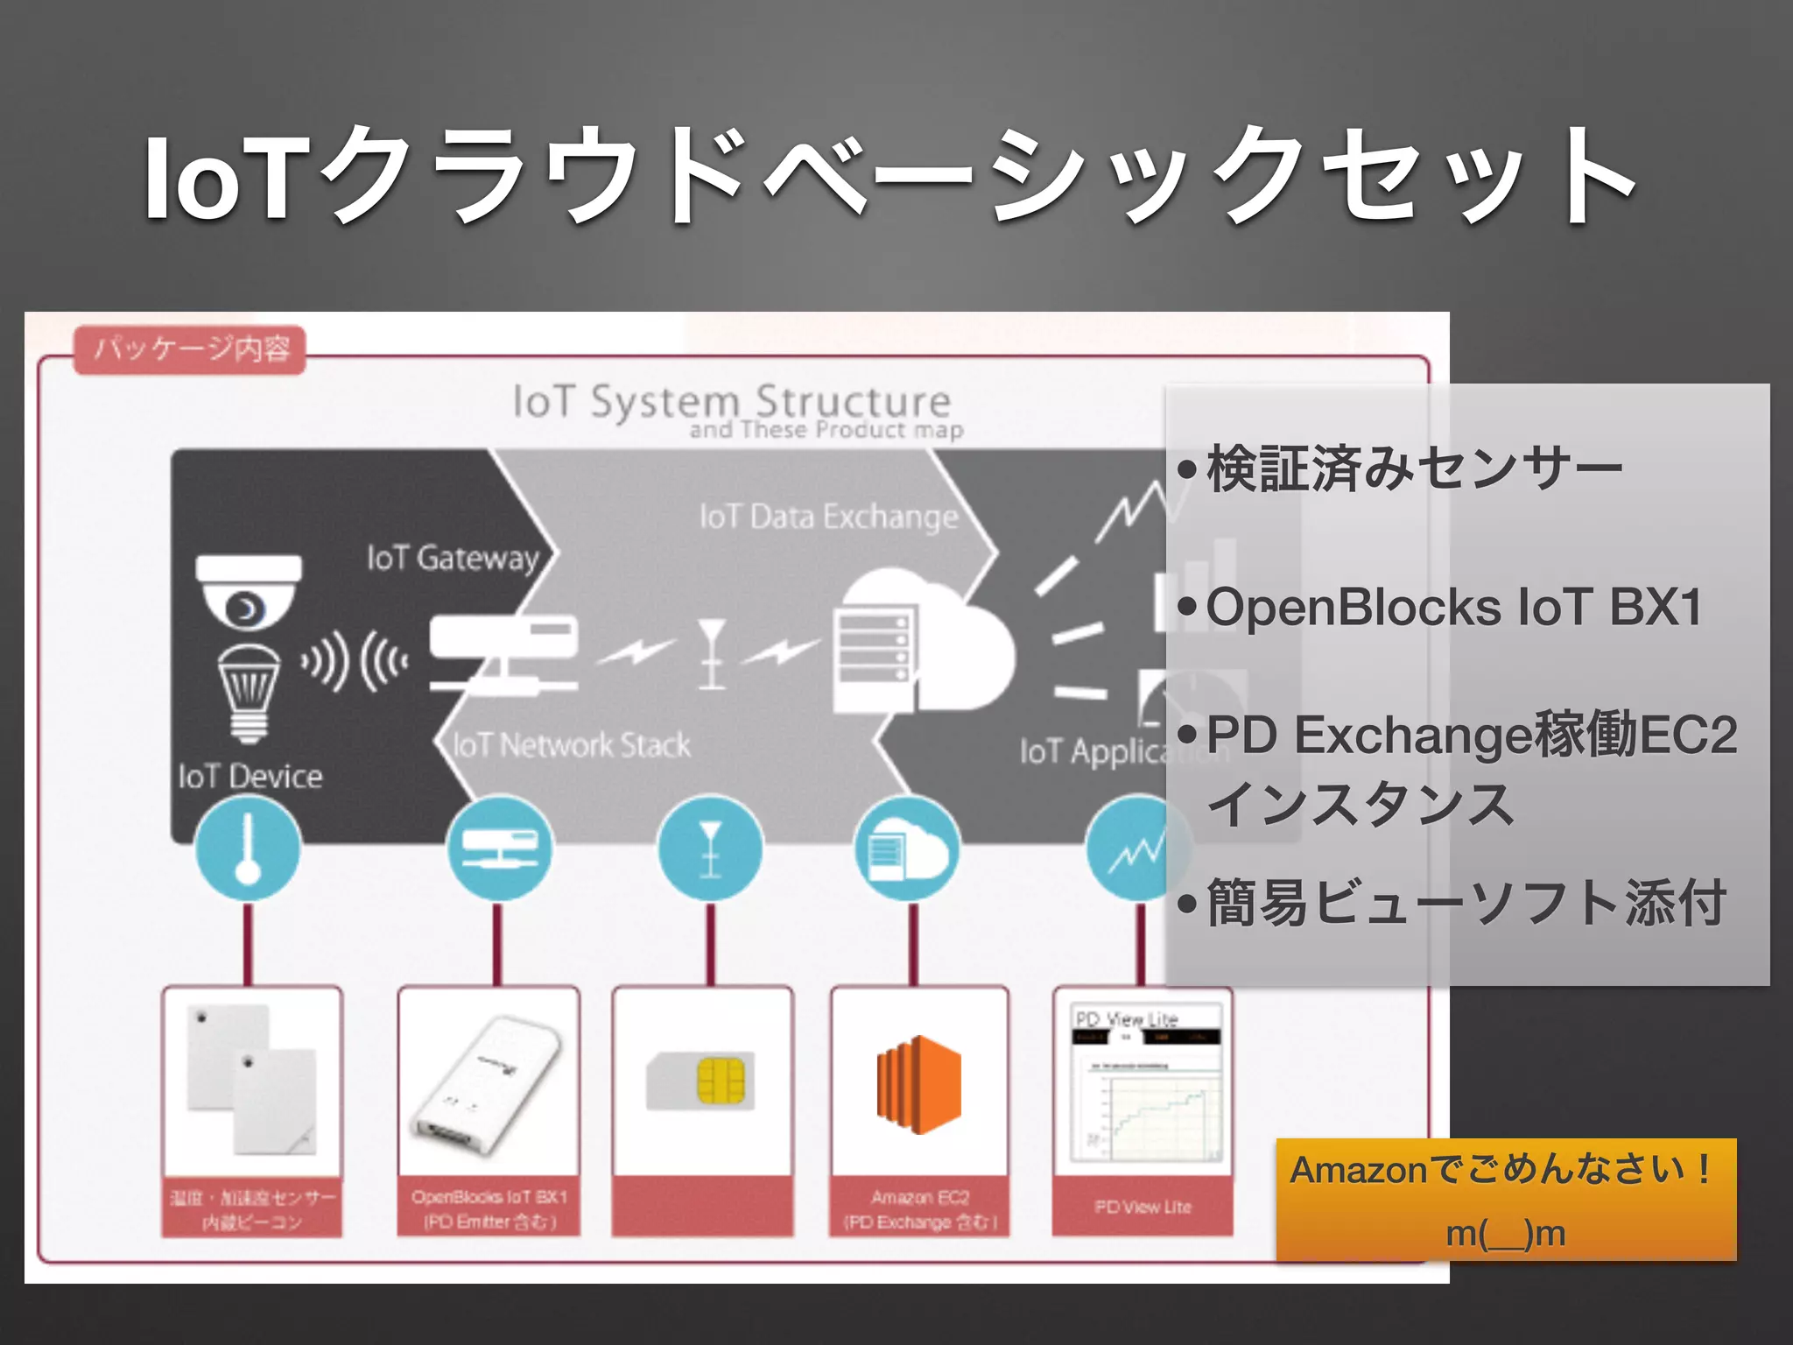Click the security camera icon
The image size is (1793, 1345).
249,591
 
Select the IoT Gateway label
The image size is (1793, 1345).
453,558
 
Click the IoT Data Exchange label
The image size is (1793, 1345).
828,517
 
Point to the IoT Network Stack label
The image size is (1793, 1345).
571,745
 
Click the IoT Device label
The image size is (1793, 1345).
250,776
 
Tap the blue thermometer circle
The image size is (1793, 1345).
248,849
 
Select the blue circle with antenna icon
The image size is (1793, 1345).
710,849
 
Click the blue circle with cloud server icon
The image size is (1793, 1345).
907,849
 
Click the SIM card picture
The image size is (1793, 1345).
701,1081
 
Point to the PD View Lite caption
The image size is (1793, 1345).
1143,1207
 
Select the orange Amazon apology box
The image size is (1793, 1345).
1505,1200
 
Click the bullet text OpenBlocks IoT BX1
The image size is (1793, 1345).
1453,607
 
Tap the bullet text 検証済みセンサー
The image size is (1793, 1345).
1414,469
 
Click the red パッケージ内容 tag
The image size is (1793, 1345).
190,349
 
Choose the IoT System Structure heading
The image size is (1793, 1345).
732,402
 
